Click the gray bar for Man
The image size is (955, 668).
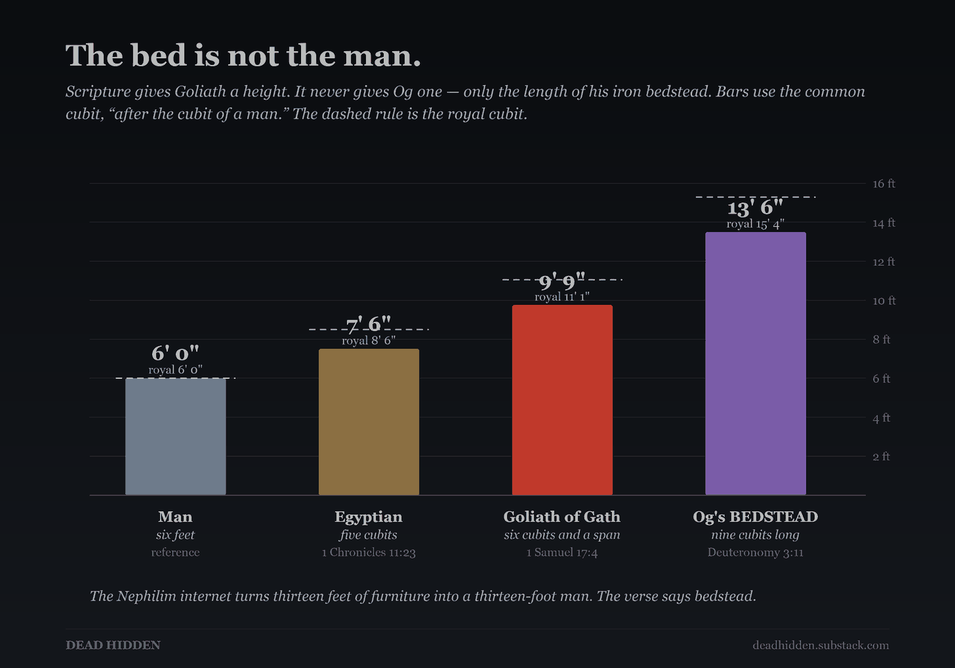[176, 436]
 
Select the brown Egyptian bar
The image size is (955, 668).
[369, 422]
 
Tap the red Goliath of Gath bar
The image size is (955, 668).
[562, 400]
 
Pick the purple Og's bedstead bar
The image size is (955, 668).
[756, 363]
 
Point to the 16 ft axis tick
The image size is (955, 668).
[884, 184]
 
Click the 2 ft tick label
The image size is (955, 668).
[882, 456]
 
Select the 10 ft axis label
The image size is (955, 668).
[884, 301]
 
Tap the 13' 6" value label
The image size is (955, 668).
[755, 208]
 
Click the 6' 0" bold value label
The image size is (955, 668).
[175, 353]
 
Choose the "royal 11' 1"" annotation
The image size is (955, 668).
[562, 296]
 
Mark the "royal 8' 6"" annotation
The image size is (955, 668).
[369, 340]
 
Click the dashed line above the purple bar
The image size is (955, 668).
[756, 197]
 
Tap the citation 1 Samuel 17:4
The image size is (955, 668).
[562, 553]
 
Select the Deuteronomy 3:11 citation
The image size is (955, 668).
[756, 553]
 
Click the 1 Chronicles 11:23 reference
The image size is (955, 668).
[369, 553]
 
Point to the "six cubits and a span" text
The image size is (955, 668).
[562, 535]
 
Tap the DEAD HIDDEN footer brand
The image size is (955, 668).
[113, 645]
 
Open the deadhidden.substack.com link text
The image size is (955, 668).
[821, 645]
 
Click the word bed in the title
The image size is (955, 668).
[159, 55]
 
